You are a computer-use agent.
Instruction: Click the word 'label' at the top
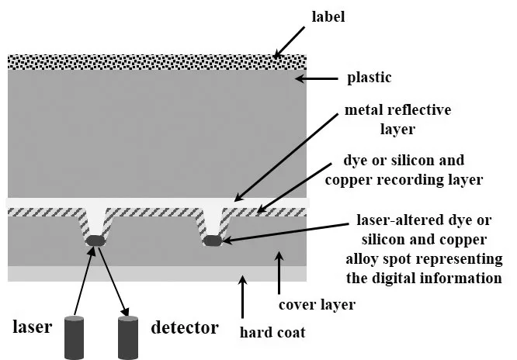328,16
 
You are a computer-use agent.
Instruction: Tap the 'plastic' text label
370,78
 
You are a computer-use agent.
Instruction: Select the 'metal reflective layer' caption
397,119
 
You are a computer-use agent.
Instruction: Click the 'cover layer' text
317,305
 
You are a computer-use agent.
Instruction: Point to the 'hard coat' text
272,332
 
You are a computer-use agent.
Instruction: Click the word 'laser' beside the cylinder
33,327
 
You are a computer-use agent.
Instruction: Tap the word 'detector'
185,327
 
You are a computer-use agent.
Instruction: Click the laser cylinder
74,337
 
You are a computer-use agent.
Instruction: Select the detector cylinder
128,337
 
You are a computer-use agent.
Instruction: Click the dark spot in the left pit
95,241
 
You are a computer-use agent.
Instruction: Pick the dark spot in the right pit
213,241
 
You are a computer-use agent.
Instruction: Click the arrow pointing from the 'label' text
290,42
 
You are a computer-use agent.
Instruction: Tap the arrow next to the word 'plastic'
316,79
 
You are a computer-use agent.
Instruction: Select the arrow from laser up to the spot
84,281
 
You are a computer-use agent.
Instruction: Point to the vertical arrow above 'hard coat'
243,296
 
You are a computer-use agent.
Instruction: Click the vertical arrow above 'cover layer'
279,272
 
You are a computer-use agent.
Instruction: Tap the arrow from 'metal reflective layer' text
286,157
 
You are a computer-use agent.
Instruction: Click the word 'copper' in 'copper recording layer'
349,180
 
